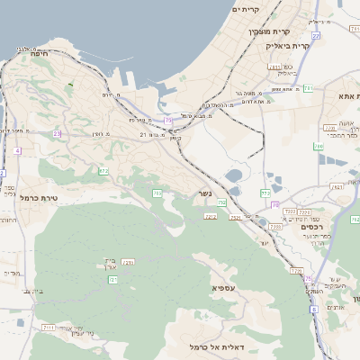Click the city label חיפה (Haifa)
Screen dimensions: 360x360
pos(38,54)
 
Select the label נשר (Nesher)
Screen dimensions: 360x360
pos(202,193)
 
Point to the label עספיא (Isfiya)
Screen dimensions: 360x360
pos(225,287)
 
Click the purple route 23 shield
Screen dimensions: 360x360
pos(57,133)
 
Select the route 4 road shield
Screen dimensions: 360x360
pos(17,150)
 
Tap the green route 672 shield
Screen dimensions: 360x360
pos(103,171)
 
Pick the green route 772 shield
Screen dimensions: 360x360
pos(264,193)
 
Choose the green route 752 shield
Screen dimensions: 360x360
pos(221,203)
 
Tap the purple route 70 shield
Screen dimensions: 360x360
pos(274,204)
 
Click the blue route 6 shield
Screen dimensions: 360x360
pos(313,310)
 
